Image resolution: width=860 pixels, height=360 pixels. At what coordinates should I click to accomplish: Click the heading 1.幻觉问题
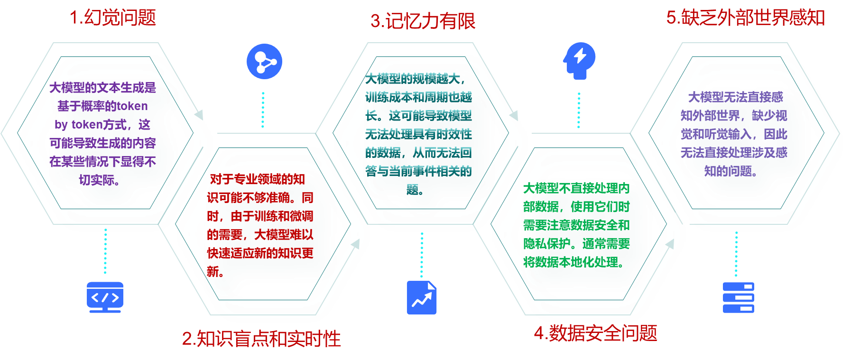(x=113, y=18)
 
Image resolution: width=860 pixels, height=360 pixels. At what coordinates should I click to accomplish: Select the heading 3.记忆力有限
(x=423, y=21)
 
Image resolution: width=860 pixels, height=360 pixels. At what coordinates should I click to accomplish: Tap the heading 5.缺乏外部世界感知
(x=745, y=18)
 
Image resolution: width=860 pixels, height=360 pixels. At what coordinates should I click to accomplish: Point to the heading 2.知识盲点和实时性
(x=261, y=339)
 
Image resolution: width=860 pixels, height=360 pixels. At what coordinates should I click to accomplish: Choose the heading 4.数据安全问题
(x=595, y=333)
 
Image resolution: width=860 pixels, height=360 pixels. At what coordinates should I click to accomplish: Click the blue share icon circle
(x=264, y=62)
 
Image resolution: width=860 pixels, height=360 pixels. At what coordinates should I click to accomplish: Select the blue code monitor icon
(x=105, y=297)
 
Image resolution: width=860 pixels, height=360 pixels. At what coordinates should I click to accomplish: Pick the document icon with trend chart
(x=422, y=298)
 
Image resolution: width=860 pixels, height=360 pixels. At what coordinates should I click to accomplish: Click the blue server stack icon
(x=738, y=298)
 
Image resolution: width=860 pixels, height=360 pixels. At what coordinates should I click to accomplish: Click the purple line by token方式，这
(x=102, y=125)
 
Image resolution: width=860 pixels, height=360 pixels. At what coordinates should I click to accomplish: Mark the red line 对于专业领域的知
(x=257, y=179)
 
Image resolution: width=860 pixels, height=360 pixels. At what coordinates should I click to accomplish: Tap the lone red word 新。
(x=214, y=271)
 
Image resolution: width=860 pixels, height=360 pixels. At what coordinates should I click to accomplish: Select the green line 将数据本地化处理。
(x=573, y=262)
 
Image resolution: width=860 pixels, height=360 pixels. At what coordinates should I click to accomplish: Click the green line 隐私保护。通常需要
(x=576, y=244)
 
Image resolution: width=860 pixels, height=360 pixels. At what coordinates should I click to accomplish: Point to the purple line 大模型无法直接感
(x=736, y=97)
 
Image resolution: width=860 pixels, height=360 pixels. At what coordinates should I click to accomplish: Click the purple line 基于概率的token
(x=102, y=106)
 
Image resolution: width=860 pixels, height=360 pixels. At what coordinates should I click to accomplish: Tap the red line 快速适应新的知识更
(x=260, y=253)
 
